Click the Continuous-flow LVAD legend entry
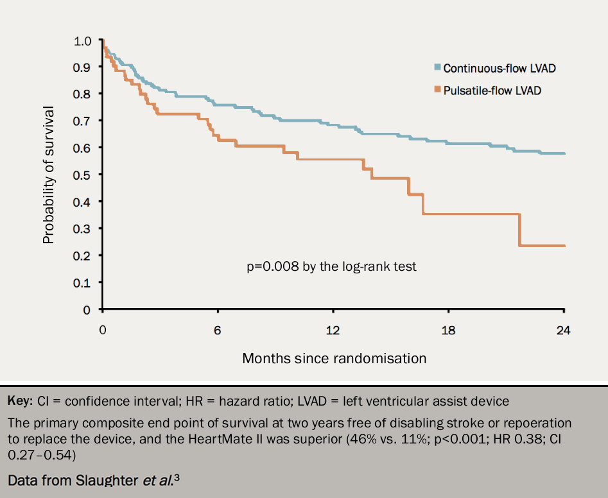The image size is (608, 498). tap(499, 68)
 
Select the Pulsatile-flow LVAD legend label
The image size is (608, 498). tap(492, 90)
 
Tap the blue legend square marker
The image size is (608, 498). tap(437, 67)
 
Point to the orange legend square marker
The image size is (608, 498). tap(437, 89)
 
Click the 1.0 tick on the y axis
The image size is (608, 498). tap(83, 40)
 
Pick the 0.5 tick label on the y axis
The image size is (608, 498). tap(83, 175)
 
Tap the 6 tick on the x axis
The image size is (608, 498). tap(218, 331)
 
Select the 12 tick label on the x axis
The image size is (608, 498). tap(332, 331)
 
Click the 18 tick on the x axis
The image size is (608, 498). tap(447, 331)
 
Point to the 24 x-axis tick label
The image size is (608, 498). tap(563, 331)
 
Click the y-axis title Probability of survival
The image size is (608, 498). tap(49, 175)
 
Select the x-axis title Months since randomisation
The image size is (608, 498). tap(334, 358)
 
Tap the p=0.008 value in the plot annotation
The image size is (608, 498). tap(273, 266)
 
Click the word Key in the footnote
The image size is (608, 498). tap(19, 402)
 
